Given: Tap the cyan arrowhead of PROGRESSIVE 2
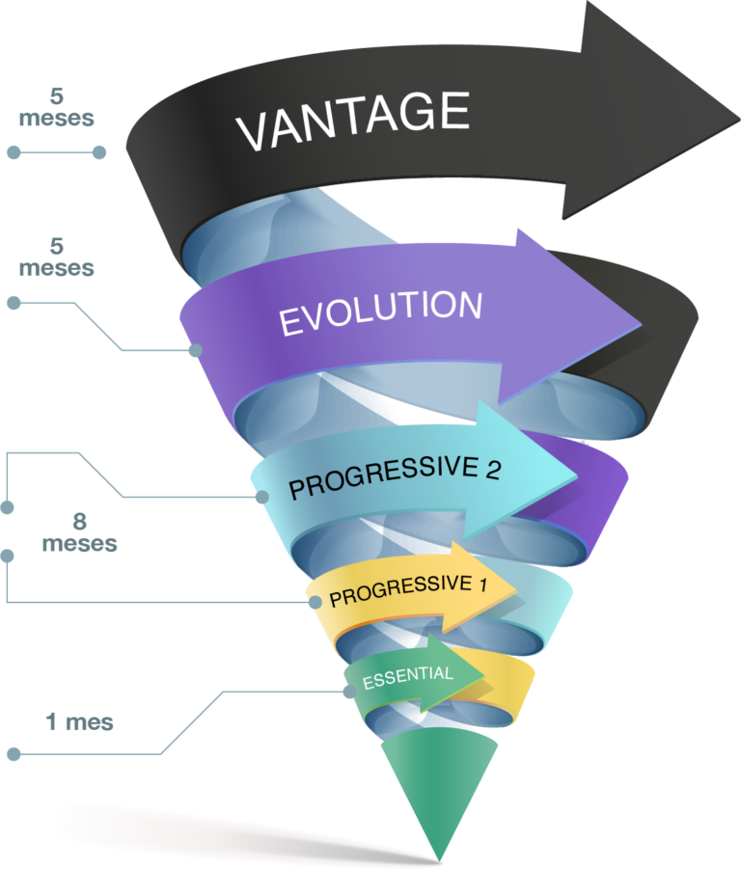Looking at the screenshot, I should coord(540,467).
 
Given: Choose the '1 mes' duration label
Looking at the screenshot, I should coord(79,721).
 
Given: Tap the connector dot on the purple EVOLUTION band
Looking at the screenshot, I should coord(195,350).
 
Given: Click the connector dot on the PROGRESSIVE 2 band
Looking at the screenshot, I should coord(261,497).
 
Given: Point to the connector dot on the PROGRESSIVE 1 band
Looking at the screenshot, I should coord(316,602).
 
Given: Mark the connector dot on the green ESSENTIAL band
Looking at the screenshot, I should coord(348,692).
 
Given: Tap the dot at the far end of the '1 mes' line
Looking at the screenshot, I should coord(14,753).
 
